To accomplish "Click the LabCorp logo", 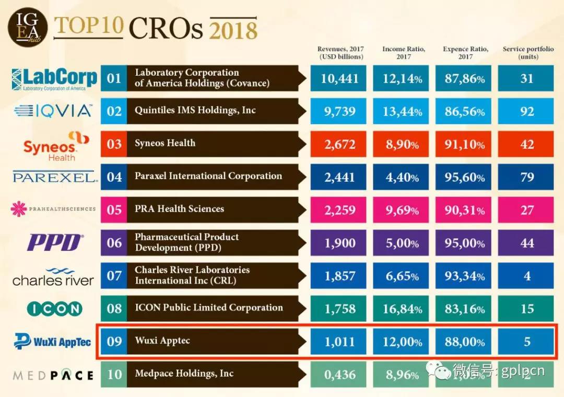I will click(54, 79).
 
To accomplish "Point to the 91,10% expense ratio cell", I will click(464, 144).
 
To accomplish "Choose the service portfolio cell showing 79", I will click(526, 177).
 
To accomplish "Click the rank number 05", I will click(114, 210).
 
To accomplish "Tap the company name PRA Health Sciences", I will click(179, 209).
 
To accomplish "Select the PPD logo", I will click(55, 243).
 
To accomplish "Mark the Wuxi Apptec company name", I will click(162, 341).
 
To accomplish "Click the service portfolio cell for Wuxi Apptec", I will click(526, 342).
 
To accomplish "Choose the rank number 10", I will click(114, 375).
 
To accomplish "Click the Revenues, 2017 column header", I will click(341, 53).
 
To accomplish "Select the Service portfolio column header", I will click(527, 53).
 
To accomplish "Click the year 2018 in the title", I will click(233, 29).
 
